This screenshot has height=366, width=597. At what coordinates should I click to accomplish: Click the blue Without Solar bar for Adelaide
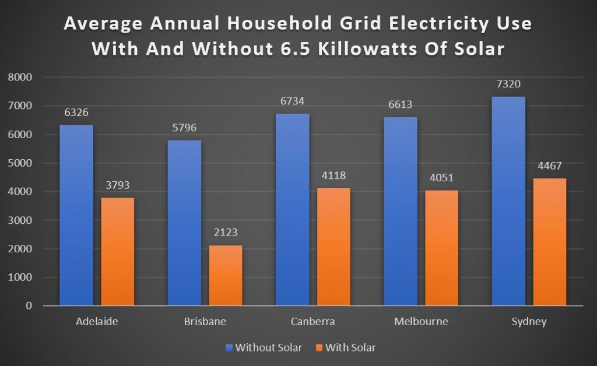point(76,215)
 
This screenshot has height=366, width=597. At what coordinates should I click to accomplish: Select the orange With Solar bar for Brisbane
point(226,275)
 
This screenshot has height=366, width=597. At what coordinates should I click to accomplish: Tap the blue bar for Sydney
point(508,201)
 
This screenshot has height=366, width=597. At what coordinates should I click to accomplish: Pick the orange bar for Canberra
point(333,247)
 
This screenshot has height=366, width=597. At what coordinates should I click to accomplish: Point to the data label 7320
point(508,85)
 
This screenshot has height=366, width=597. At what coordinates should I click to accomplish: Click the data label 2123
point(226,233)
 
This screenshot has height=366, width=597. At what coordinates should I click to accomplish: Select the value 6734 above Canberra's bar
point(292,101)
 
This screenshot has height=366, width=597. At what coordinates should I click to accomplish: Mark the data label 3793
point(118,185)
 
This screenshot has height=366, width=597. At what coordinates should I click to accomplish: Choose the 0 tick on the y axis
point(29,306)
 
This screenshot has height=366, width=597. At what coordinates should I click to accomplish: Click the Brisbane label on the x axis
point(205,322)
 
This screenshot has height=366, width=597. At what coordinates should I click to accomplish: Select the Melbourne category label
point(421,322)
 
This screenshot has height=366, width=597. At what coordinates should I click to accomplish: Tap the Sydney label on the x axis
point(529,322)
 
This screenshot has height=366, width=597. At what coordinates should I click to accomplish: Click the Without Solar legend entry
point(268,348)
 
